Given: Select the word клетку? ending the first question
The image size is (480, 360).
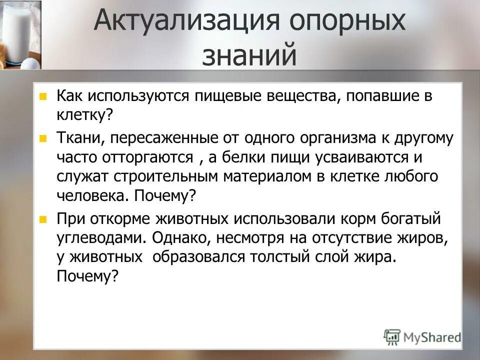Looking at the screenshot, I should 85,115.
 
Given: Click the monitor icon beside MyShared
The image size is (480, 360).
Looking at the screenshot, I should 392,336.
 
